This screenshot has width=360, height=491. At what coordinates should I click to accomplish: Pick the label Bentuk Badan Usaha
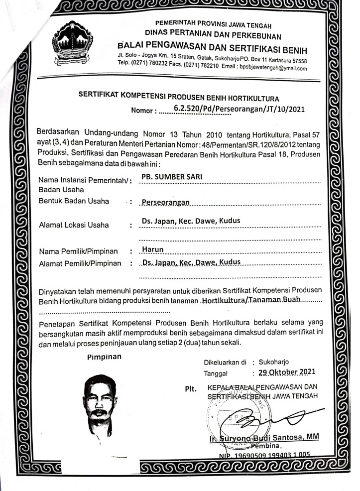[x=74, y=201]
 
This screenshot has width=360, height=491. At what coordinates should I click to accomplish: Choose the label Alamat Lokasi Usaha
[x=74, y=225]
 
